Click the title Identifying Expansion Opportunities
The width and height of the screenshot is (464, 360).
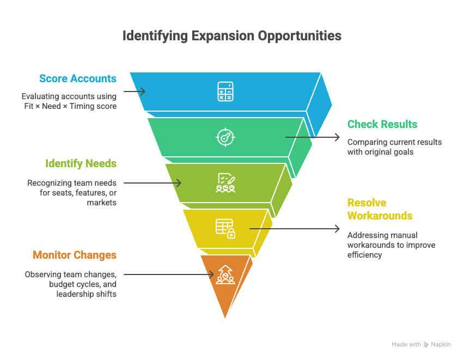pos(231,36)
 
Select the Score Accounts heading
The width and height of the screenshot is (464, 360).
pos(78,78)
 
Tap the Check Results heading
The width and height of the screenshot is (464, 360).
pos(382,124)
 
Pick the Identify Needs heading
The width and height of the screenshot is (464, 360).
pos(81,163)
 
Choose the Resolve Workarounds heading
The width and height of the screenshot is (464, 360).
pos(380,209)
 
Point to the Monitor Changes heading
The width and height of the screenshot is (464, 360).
pos(75,255)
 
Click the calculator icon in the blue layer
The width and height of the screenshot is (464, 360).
pos(225,91)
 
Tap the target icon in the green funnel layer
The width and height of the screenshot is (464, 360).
pos(225,137)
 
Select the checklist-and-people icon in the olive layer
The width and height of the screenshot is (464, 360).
pos(225,182)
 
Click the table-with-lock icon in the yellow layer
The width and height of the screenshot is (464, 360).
pos(225,228)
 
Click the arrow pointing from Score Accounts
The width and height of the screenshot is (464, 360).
pos(135,91)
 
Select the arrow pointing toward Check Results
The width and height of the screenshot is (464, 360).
pos(313,137)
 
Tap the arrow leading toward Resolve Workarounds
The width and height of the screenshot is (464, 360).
pos(295,229)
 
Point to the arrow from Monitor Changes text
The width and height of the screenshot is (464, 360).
pos(169,274)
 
